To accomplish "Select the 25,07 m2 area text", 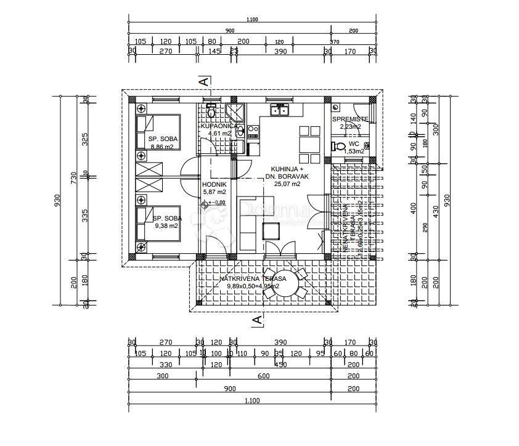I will coord(287,184).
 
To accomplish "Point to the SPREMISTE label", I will coord(350,119).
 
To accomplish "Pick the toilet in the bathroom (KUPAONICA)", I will coord(211,111).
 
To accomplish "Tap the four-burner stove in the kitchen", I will coord(252,131).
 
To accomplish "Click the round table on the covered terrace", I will coord(284,283).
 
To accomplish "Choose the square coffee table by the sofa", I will coord(270,231).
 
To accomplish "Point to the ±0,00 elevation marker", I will coord(216,203).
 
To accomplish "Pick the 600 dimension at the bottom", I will coord(263,376).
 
